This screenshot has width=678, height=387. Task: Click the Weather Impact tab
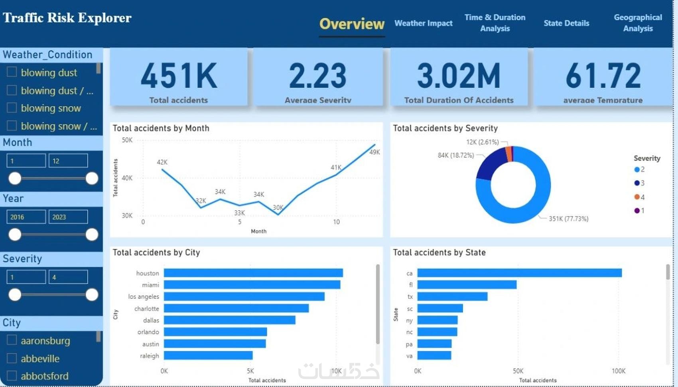[x=423, y=23]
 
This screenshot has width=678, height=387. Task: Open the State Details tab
[x=566, y=23]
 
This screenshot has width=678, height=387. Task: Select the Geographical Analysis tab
[x=638, y=23]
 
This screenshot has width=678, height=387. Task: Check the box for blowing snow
[x=12, y=108]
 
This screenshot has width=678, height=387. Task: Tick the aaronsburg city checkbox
[x=12, y=340]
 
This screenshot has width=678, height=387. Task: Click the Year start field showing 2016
[x=26, y=217]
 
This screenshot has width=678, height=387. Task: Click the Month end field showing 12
[x=68, y=161]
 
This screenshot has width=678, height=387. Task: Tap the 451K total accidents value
[x=179, y=76]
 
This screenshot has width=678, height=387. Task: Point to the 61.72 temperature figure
[x=603, y=76]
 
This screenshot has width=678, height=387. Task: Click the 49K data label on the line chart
[x=374, y=152]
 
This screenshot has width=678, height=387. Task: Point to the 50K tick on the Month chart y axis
[x=127, y=140]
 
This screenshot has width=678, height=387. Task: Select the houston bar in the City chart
[x=253, y=273]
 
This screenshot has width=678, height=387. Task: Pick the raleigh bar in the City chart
[x=208, y=355]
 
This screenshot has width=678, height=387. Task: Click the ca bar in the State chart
[x=519, y=273]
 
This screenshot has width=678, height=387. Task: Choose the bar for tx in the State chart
[x=452, y=296]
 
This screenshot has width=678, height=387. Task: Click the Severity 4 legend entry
[x=639, y=197]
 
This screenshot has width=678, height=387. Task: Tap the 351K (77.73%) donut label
[x=568, y=219]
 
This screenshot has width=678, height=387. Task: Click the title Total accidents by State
[x=439, y=253]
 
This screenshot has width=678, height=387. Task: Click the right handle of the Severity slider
[x=92, y=295]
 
